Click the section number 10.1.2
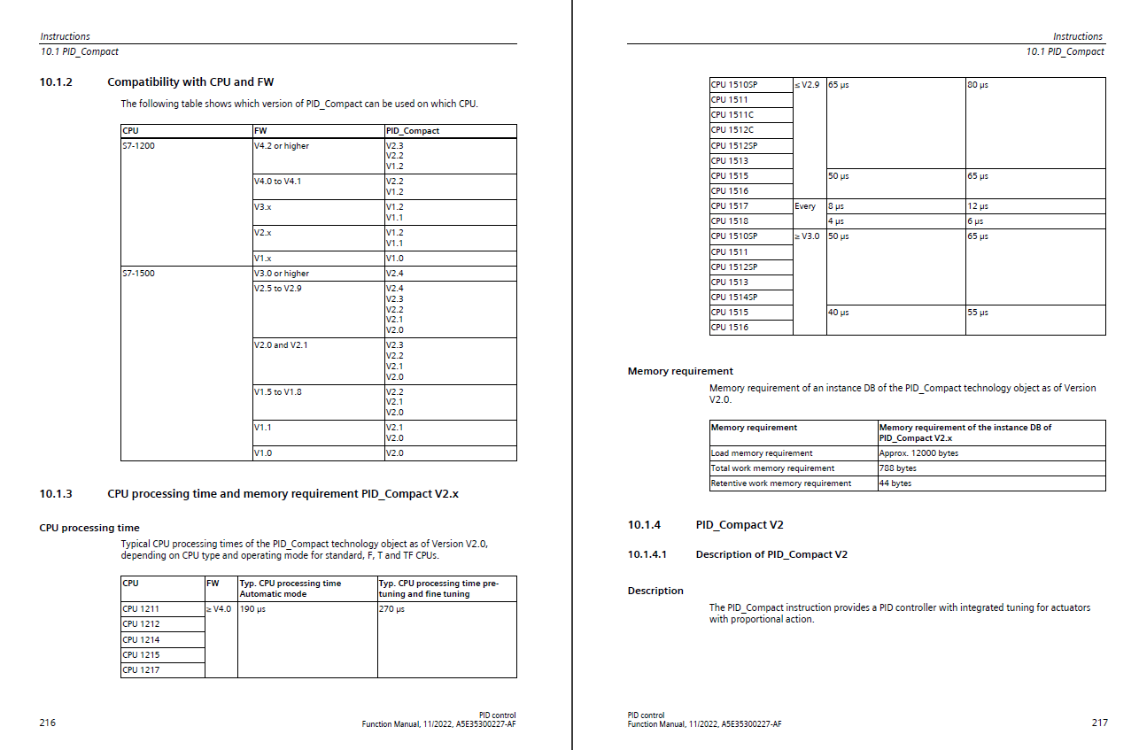[56, 82]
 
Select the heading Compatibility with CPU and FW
[190, 82]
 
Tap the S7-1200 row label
[138, 146]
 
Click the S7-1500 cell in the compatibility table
[138, 274]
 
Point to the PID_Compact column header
[412, 131]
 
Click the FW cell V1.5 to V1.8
[277, 391]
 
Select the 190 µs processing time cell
[252, 609]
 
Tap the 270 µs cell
[391, 609]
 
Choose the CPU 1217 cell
[141, 670]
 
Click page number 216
[48, 723]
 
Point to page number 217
[1099, 723]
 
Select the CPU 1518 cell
[730, 221]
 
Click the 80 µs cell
[978, 85]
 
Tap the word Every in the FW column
[805, 206]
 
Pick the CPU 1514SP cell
[734, 298]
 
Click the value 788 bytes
[897, 468]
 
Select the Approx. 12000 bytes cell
[918, 453]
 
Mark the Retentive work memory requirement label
[780, 483]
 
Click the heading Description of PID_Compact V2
[771, 554]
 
